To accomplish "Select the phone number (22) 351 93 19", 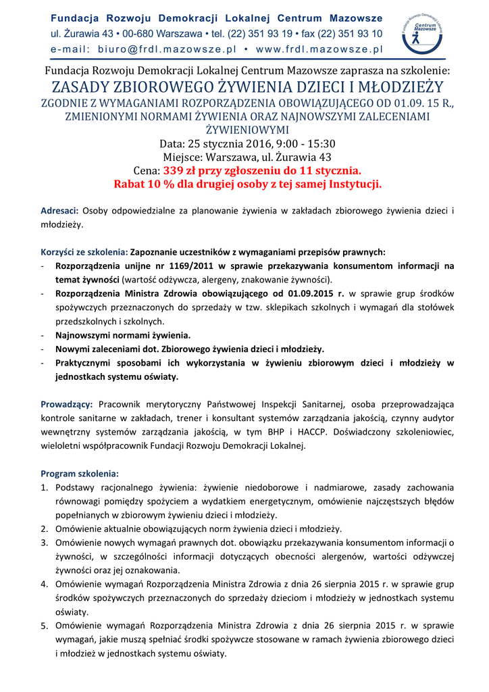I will point(260,34).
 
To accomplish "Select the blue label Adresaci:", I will point(60,211).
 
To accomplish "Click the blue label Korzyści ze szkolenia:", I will point(84,252).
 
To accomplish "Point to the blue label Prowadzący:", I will point(67,404).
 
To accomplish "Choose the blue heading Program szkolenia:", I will point(80,473).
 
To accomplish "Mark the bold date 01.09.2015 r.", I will point(308,293).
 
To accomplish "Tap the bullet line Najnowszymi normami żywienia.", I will point(123,335).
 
